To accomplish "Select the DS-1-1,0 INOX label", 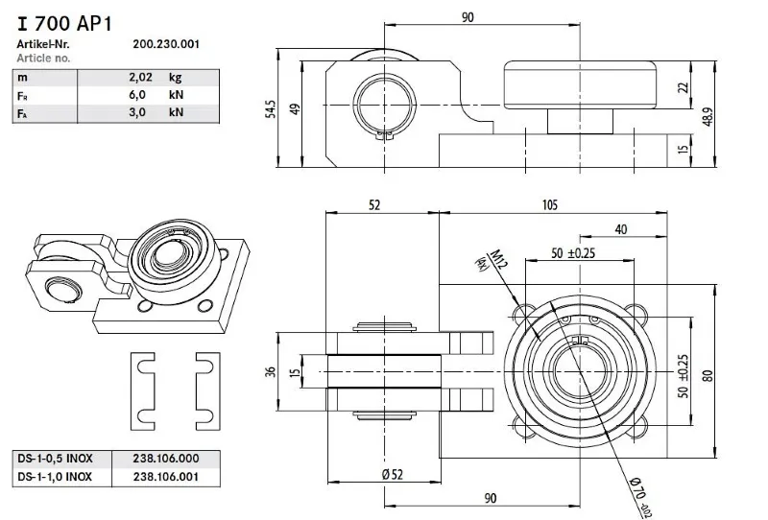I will pyautogui.click(x=55, y=476).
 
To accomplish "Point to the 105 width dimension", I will pyautogui.click(x=550, y=204).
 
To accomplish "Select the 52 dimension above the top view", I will pyautogui.click(x=373, y=204).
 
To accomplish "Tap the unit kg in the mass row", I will pyautogui.click(x=175, y=78).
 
